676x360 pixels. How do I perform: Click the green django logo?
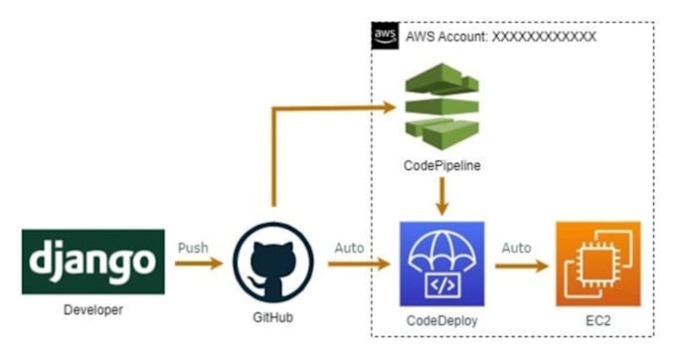(x=93, y=262)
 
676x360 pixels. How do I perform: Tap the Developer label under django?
(x=92, y=309)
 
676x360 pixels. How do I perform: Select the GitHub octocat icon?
(x=272, y=264)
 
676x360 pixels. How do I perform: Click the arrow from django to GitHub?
(x=198, y=266)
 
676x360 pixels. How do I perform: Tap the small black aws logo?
(x=384, y=36)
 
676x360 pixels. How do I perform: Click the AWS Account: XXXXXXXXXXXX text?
(x=501, y=37)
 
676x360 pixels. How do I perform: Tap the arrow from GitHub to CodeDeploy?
(x=353, y=266)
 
